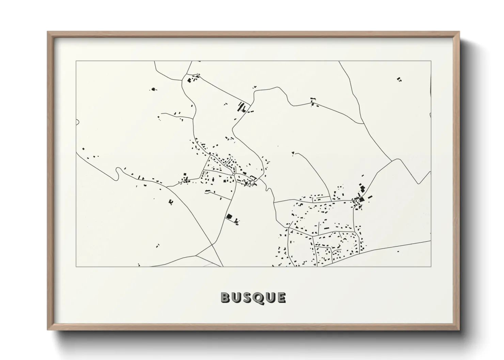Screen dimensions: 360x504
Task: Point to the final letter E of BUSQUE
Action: point(281,297)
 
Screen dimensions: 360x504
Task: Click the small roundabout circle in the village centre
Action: point(234,174)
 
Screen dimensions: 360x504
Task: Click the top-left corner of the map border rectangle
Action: point(76,61)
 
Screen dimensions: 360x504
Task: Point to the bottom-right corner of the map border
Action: point(431,266)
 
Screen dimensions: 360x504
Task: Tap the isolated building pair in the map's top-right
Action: point(399,80)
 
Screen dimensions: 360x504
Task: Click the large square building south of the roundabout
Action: point(229,216)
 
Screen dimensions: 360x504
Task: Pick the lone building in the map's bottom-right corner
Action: point(398,252)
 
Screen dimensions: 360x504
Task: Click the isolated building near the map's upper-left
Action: point(153,89)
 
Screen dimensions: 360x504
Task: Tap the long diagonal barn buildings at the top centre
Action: point(242,107)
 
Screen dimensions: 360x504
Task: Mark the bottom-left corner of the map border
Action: point(76,266)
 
